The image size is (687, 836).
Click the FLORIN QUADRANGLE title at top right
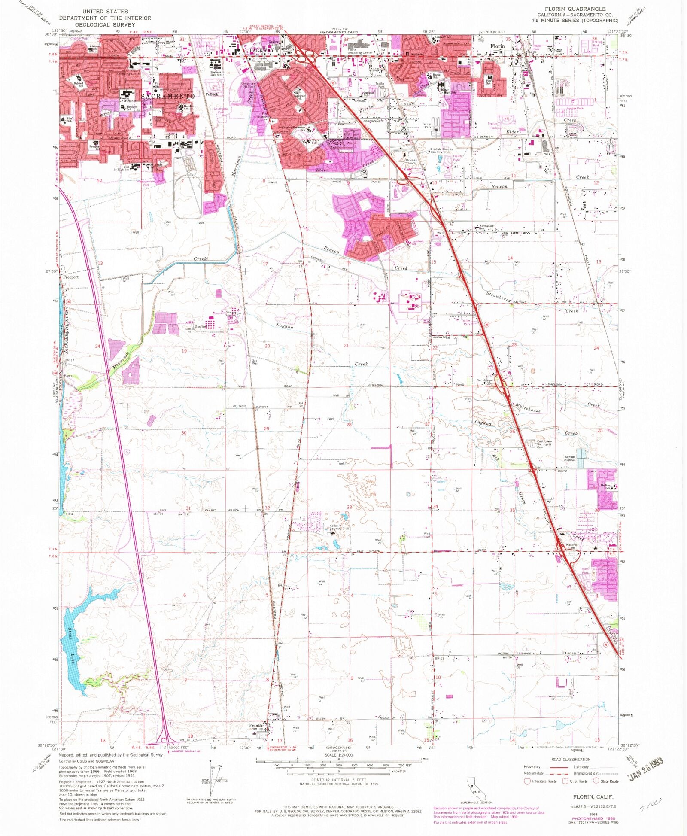click(x=575, y=9)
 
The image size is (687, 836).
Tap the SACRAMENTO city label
click(x=168, y=97)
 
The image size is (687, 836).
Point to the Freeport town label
click(x=71, y=277)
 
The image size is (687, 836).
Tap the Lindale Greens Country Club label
click(x=441, y=151)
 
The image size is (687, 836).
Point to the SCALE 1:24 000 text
click(x=338, y=755)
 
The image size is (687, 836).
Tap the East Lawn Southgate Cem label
click(x=544, y=444)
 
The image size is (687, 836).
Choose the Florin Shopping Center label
click(x=360, y=51)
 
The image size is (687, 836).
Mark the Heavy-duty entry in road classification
click(x=532, y=767)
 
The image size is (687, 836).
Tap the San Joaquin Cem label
click(x=486, y=381)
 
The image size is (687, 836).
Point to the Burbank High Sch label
click(x=216, y=74)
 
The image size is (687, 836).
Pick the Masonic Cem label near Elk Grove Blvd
click(x=571, y=546)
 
